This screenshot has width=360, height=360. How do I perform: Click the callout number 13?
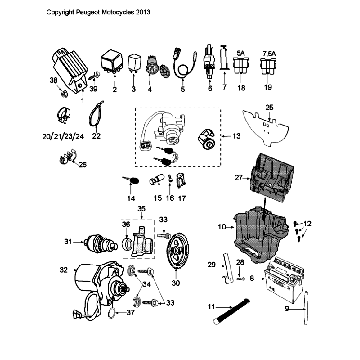[264, 135]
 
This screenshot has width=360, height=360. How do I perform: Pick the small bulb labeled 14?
[132, 180]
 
